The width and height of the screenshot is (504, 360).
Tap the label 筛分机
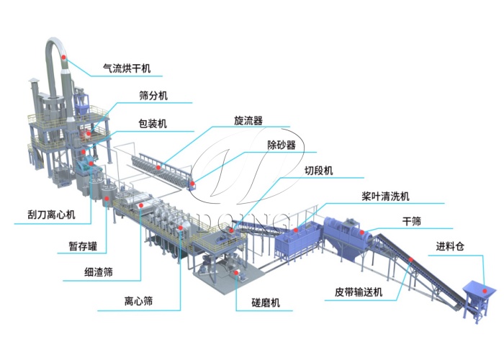click(153, 96)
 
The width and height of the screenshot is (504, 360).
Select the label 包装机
click(153, 124)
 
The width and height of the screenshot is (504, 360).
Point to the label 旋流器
click(248, 121)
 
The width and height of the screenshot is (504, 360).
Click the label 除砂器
click(282, 145)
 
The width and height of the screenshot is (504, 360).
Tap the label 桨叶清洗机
click(387, 196)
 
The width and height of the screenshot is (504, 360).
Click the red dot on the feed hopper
click(486, 292)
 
